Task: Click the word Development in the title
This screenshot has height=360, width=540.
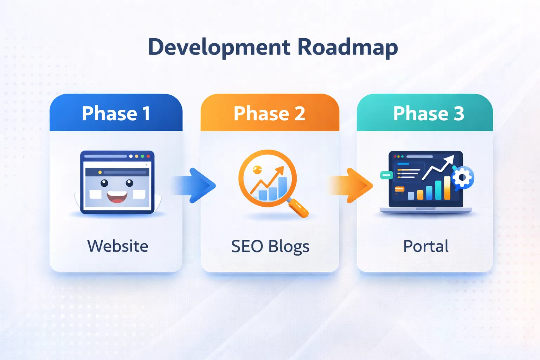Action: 219,47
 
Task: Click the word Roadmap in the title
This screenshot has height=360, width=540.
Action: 347,47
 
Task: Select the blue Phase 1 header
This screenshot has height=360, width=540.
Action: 116,113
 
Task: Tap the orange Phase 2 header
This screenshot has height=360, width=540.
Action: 270,113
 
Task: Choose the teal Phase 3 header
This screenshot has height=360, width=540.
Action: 429,113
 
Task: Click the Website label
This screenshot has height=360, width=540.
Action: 117,246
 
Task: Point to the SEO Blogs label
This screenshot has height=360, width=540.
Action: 270,246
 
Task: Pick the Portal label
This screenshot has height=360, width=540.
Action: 426,246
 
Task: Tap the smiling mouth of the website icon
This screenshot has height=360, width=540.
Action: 117,197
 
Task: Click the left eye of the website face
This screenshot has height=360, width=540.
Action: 104,183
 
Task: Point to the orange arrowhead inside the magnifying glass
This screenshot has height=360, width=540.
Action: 280,170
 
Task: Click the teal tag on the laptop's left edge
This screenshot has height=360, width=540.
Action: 386,175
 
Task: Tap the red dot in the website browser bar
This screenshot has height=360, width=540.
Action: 148,156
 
